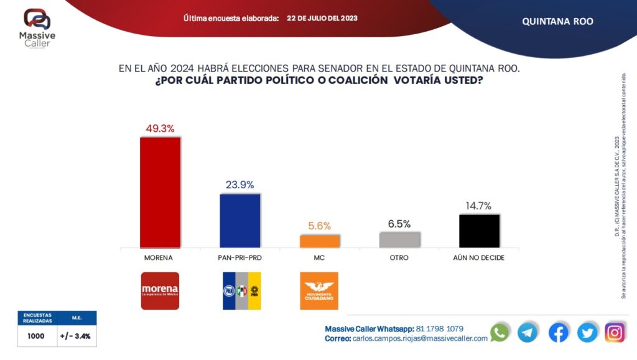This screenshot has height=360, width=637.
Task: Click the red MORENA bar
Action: [160, 192]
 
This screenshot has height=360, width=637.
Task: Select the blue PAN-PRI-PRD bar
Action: [240, 221]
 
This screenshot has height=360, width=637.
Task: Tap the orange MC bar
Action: [320, 241]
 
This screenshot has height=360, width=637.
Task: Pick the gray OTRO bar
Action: [399, 239]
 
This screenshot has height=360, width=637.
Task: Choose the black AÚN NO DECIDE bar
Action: [479, 231]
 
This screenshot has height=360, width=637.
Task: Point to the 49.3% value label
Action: [160, 128]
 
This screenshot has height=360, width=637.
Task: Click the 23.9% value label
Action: [239, 185]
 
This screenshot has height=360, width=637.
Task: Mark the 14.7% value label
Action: [479, 206]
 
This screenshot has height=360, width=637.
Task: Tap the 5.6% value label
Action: [320, 226]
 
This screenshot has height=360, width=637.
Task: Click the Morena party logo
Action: [160, 290]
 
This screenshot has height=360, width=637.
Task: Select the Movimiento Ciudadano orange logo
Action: [319, 290]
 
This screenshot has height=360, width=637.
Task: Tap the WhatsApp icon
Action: [500, 333]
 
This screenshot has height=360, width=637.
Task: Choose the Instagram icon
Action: [615, 333]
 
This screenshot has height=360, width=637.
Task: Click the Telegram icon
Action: [528, 333]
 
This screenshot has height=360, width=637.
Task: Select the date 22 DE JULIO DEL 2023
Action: [322, 19]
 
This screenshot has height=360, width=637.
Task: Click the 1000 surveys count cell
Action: [35, 336]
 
